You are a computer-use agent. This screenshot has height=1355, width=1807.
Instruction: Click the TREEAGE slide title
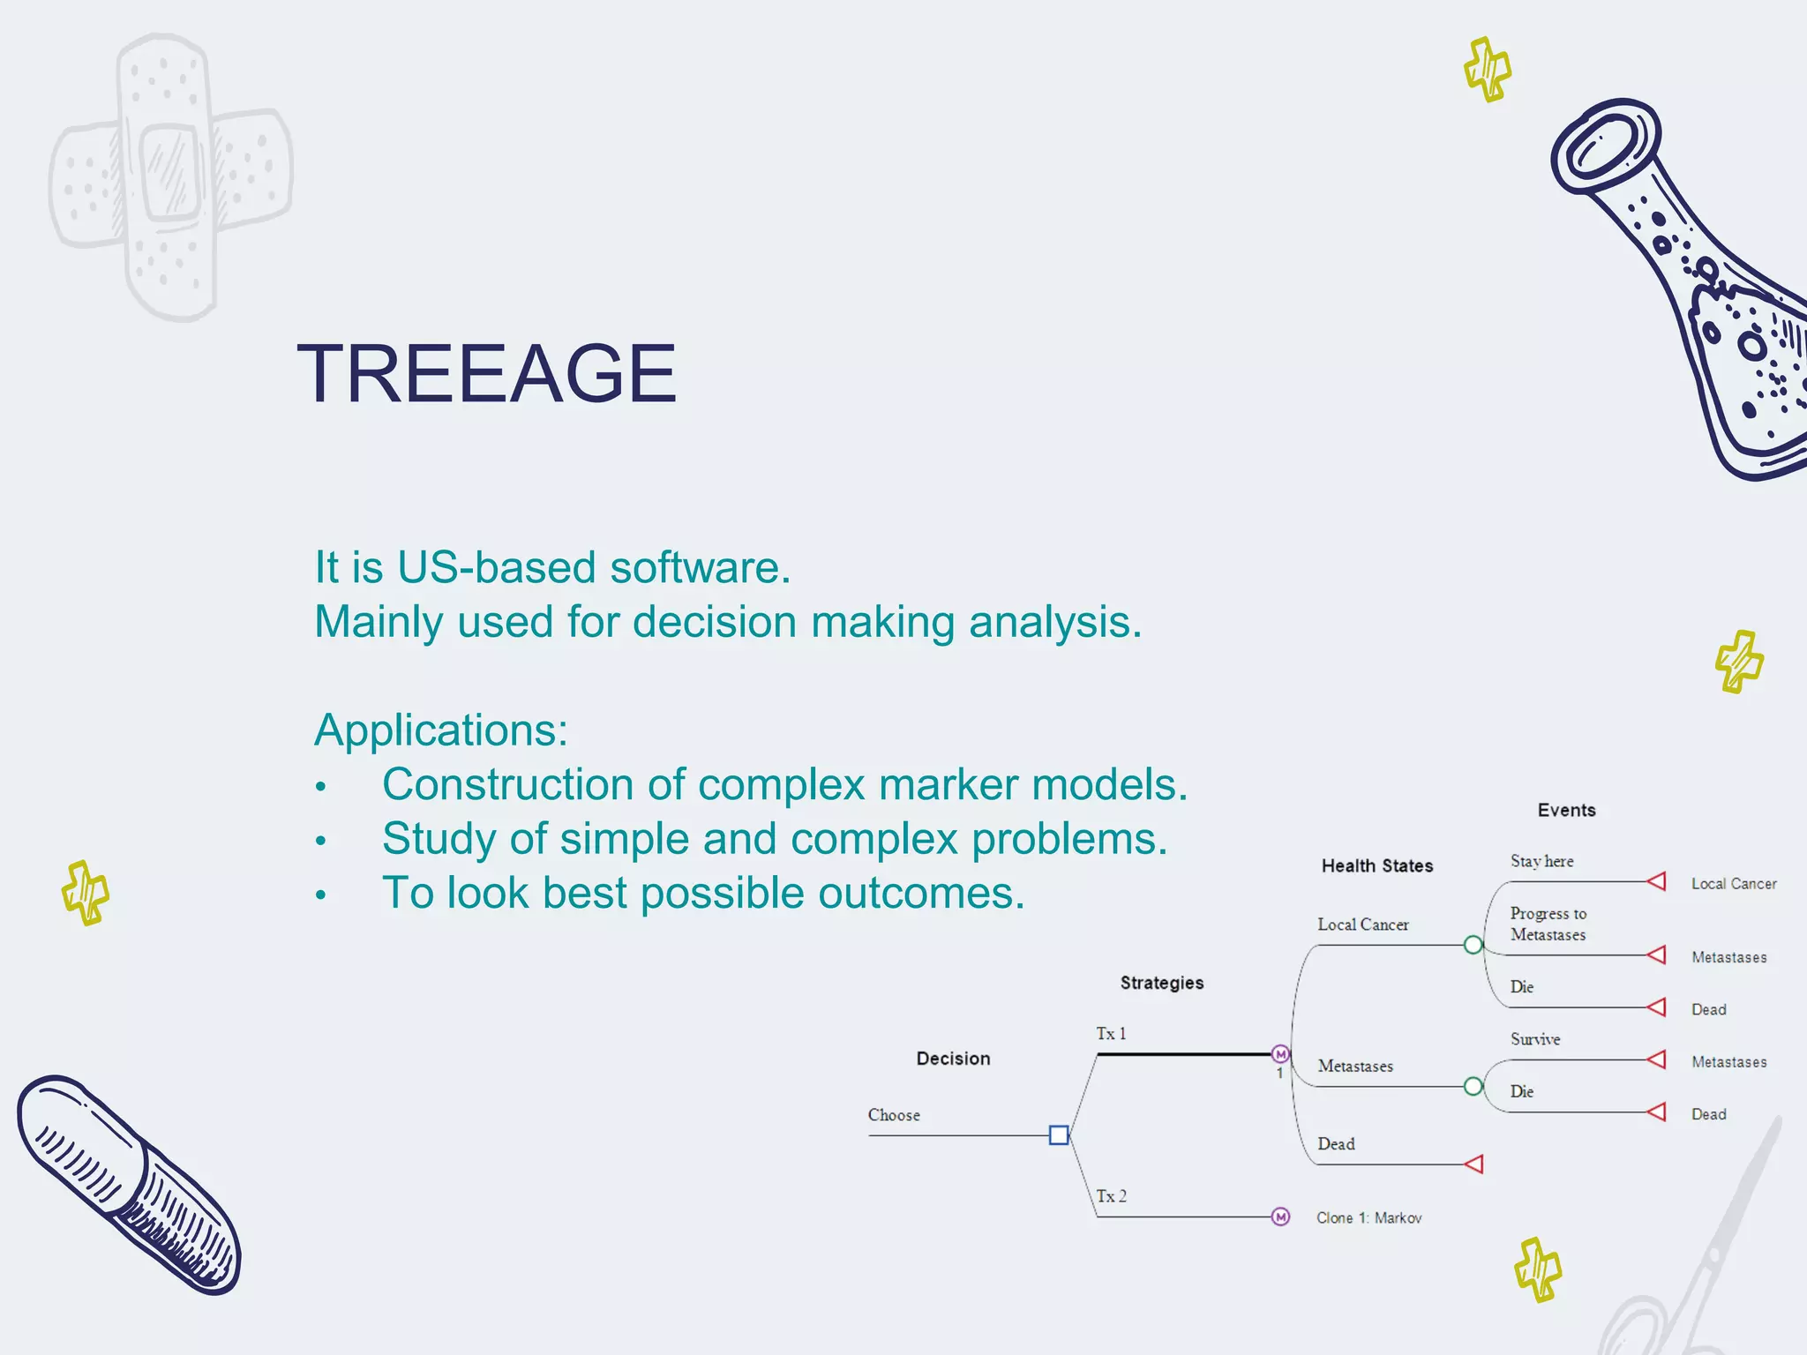click(x=486, y=374)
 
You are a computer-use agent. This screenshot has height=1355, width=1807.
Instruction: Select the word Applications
click(x=440, y=730)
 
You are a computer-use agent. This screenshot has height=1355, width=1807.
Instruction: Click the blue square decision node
click(x=1059, y=1135)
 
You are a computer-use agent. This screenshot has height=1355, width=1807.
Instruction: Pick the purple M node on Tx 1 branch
click(x=1280, y=1054)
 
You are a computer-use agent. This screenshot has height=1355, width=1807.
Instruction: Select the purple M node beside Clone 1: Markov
click(x=1280, y=1217)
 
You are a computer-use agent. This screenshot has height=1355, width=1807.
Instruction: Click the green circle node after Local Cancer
click(x=1473, y=945)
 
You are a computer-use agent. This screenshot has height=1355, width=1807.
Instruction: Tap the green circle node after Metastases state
click(x=1473, y=1086)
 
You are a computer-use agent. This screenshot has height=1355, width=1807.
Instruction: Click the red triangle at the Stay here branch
click(x=1657, y=881)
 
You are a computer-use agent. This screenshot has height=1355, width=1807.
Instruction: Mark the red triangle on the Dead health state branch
click(x=1474, y=1164)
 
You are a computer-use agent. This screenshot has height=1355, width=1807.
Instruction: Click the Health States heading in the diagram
click(x=1376, y=866)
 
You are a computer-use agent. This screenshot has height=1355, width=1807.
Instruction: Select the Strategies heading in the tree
click(x=1161, y=983)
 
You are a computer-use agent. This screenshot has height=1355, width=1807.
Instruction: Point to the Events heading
click(x=1566, y=811)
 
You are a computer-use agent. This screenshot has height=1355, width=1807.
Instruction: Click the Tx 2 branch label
click(x=1111, y=1196)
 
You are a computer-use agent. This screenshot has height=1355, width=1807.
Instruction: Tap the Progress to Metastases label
click(x=1548, y=924)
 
